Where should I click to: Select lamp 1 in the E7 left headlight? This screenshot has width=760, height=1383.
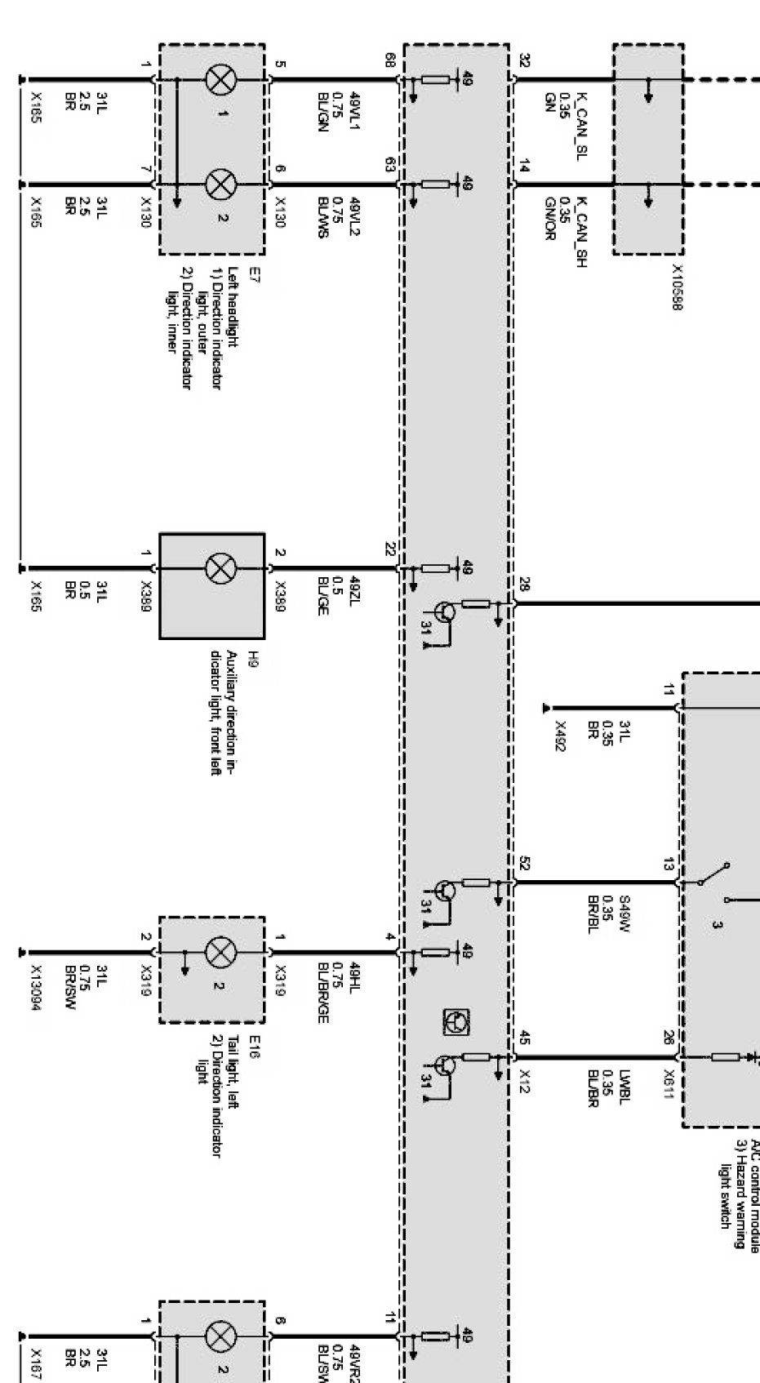click(x=220, y=79)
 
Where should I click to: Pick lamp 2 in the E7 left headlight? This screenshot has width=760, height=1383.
click(x=220, y=185)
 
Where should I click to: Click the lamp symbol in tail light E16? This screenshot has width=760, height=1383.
click(x=220, y=951)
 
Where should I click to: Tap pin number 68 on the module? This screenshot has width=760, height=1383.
click(x=390, y=60)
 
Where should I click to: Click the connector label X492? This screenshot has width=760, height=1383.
click(x=560, y=736)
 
